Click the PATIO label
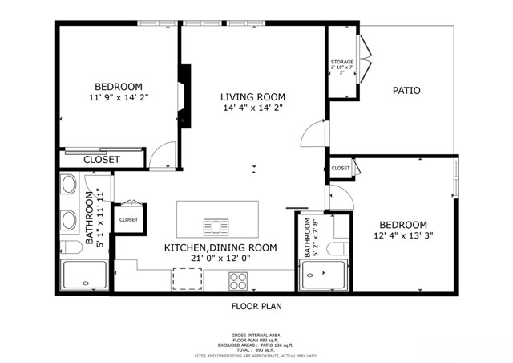406,91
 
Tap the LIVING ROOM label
252,96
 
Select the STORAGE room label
342,63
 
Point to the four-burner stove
238,280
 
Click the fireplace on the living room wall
186,96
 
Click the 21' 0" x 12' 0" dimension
220,259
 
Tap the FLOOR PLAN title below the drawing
256,306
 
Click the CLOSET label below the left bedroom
101,160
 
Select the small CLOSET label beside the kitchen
128,219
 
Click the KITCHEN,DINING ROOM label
220,247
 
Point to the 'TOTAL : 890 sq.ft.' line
256,349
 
